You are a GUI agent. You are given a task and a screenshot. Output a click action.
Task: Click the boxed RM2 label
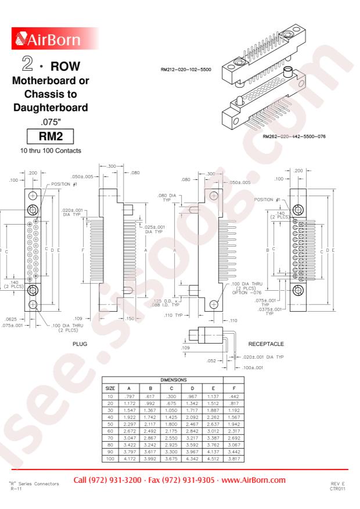click(x=51, y=136)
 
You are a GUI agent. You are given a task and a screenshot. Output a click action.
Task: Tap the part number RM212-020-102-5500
click(x=186, y=70)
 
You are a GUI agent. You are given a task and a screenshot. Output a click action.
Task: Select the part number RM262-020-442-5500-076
click(x=294, y=136)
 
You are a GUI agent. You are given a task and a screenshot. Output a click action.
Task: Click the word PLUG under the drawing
click(x=80, y=344)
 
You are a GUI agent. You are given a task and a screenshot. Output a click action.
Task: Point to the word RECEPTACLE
click(x=266, y=344)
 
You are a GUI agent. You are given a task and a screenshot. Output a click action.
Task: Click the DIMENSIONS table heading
click(x=174, y=380)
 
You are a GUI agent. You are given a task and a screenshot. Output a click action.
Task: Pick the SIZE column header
click(x=110, y=388)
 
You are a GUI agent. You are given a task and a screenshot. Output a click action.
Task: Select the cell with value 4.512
click(x=213, y=459)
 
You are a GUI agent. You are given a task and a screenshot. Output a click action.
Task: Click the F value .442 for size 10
click(x=234, y=396)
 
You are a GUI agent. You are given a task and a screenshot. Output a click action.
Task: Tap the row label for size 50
click(x=110, y=424)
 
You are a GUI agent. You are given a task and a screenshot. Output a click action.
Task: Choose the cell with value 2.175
click(x=171, y=431)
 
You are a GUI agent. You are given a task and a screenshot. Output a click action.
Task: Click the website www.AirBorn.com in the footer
click(x=254, y=480)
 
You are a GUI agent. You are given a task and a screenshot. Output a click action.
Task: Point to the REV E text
click(x=337, y=483)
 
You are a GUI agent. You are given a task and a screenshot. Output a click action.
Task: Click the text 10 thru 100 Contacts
click(x=51, y=151)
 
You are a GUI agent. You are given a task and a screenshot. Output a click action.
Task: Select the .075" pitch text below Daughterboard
click(x=51, y=122)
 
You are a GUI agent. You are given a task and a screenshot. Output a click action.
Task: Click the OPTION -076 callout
click(x=247, y=293)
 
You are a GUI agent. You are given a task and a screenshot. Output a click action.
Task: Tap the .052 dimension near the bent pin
click(x=211, y=360)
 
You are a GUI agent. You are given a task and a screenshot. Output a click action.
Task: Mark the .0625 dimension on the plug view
click(x=11, y=319)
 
